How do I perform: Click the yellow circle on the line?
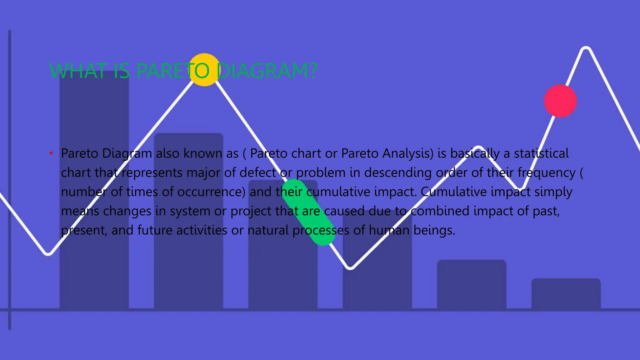[x=205, y=70]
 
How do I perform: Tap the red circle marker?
[x=560, y=101]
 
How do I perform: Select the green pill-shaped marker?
[x=308, y=212]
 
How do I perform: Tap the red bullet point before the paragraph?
[x=51, y=153]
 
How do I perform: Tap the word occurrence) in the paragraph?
[x=212, y=192]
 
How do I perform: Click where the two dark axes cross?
[x=10, y=310]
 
